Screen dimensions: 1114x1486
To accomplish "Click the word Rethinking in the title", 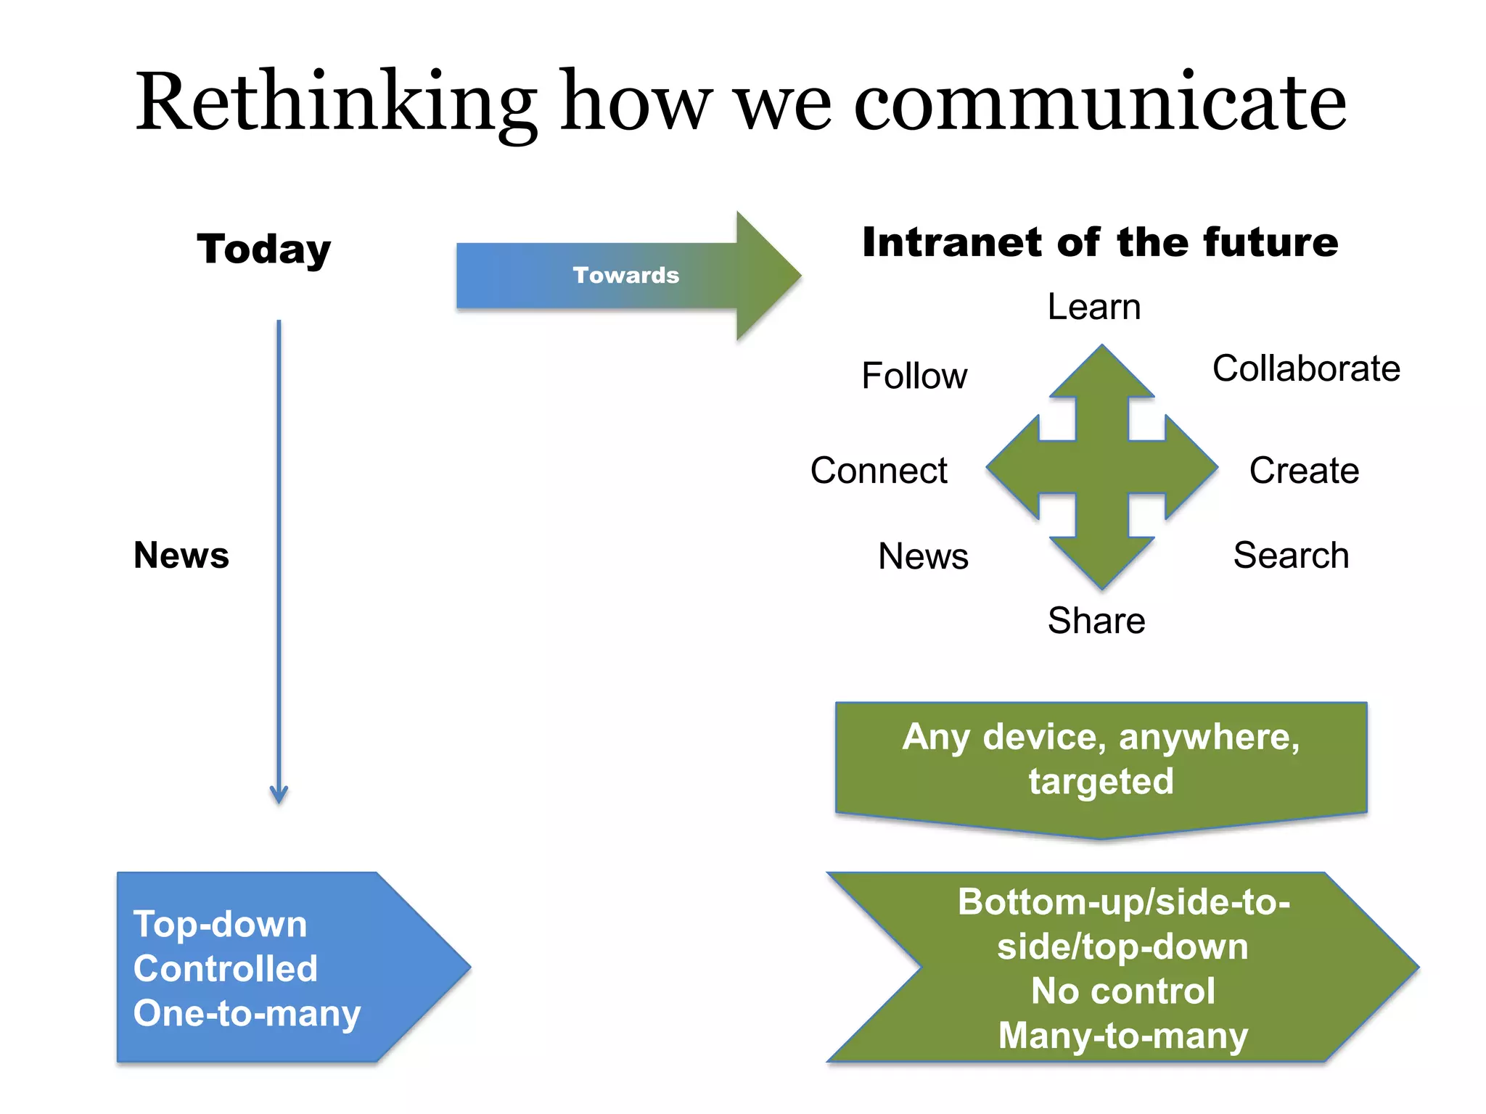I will coord(336,102).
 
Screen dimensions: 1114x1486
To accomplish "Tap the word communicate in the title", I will coord(1100,102).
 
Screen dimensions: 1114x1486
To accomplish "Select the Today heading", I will coord(264,249).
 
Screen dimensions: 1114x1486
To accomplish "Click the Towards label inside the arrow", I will coord(625,275).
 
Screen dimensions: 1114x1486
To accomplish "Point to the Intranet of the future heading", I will coord(1100,242).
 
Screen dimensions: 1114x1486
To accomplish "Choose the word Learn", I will coord(1094,307).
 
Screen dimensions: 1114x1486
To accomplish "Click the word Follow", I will coord(914,376).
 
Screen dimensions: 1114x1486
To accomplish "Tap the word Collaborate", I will coord(1306,368).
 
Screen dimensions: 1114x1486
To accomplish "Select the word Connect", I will coord(879,471).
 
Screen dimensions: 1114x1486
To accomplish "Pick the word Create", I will coord(1304,471).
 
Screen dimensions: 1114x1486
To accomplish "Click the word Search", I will coord(1291,556).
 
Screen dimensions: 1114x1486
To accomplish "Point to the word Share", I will coord(1096,621).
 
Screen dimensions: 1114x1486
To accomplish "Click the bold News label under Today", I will coord(181,556).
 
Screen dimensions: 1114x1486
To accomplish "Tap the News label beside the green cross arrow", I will coord(923,556).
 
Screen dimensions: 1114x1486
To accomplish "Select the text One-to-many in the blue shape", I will coord(247,1013).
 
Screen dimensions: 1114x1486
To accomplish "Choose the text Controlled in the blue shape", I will coord(226,968).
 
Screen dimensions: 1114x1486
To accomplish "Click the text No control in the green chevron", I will coord(1122,991).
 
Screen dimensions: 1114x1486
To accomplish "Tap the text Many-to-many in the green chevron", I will coord(1122,1035).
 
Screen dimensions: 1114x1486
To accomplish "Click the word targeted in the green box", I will coord(1101,781).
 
